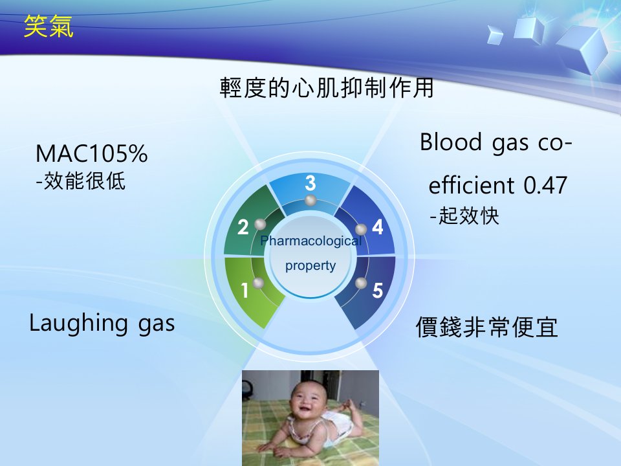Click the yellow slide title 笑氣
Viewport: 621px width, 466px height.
(x=49, y=27)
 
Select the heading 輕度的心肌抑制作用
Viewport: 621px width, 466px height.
(x=327, y=87)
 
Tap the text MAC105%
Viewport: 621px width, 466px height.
(x=91, y=153)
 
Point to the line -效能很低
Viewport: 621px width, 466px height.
(x=81, y=181)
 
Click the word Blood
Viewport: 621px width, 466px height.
(x=451, y=142)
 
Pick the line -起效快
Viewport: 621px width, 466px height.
(x=464, y=216)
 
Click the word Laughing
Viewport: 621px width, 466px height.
(x=78, y=324)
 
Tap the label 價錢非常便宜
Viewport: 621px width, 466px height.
(x=487, y=327)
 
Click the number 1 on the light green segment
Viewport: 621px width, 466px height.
(x=245, y=291)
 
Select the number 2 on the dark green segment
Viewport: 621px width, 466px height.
(x=243, y=227)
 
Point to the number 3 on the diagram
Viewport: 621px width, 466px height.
(x=310, y=183)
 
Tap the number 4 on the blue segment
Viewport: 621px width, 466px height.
(x=378, y=227)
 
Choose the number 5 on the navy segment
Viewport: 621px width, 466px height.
(x=378, y=291)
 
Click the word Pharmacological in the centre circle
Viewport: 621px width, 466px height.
(x=311, y=241)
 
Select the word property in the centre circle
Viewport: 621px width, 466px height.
(x=310, y=265)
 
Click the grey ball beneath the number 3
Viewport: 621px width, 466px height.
(x=310, y=201)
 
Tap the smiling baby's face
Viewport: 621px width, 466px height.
(x=307, y=399)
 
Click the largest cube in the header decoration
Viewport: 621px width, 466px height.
(x=583, y=47)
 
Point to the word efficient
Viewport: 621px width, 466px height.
(x=471, y=185)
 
